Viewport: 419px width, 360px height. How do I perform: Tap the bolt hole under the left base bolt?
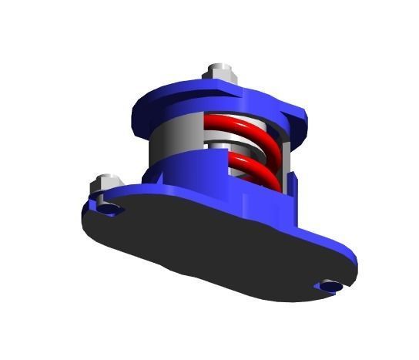(x=109, y=209)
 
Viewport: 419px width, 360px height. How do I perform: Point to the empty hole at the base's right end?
(x=329, y=286)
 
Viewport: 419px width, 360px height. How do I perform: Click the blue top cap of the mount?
(x=193, y=96)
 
